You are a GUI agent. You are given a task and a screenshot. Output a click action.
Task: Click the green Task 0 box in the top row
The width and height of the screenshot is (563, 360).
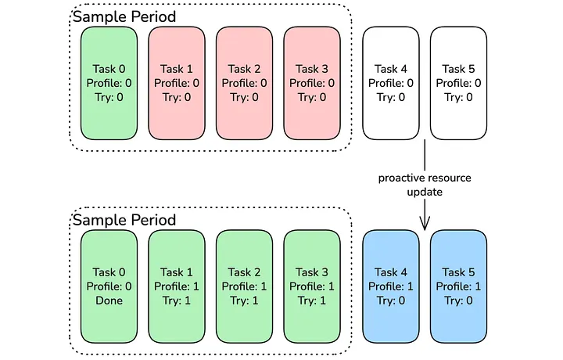pos(109,83)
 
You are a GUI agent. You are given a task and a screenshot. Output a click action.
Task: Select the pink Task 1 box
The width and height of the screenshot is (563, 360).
pos(178,83)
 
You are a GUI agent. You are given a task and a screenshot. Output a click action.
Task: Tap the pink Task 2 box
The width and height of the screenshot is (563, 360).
pos(245,83)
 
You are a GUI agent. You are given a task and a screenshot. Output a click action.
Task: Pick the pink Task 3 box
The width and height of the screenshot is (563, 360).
pos(313,83)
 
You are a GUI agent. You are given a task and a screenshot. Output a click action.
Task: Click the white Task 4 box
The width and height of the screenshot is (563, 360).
pos(391,83)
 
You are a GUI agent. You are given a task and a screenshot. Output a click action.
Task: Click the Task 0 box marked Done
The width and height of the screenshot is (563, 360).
pos(109,286)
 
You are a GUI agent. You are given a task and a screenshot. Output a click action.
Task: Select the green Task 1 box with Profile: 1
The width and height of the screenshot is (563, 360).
pos(178,286)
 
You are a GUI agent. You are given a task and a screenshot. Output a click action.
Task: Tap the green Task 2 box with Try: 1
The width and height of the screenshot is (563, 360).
pos(245,286)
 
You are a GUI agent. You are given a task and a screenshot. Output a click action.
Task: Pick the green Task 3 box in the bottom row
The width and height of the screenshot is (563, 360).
pos(313,286)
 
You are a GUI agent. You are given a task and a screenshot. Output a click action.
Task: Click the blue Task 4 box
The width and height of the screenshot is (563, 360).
pos(391,286)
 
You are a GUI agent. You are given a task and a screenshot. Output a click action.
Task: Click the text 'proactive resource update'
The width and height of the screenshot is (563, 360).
pos(425,185)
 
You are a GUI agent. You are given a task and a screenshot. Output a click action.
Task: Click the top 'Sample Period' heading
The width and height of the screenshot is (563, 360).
pos(124,16)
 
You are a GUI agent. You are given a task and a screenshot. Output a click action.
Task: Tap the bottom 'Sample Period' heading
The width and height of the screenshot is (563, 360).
pos(124,219)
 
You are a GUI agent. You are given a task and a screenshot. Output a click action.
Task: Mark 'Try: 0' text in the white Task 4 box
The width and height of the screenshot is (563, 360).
pos(391,98)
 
